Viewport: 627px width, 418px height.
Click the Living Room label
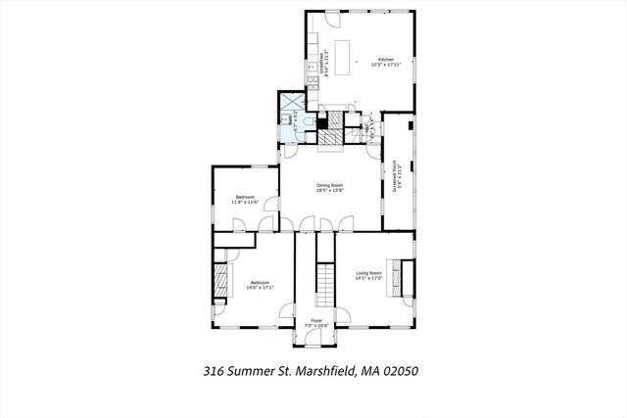click(x=368, y=275)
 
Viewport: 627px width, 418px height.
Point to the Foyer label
click(x=316, y=323)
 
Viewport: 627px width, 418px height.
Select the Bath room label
click(x=293, y=121)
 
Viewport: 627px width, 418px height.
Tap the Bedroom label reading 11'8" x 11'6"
click(x=244, y=200)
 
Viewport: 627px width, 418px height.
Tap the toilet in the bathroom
click(x=305, y=122)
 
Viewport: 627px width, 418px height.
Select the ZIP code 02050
click(x=404, y=372)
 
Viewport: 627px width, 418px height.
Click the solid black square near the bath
click(x=321, y=124)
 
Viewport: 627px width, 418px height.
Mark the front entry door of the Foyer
click(x=316, y=342)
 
